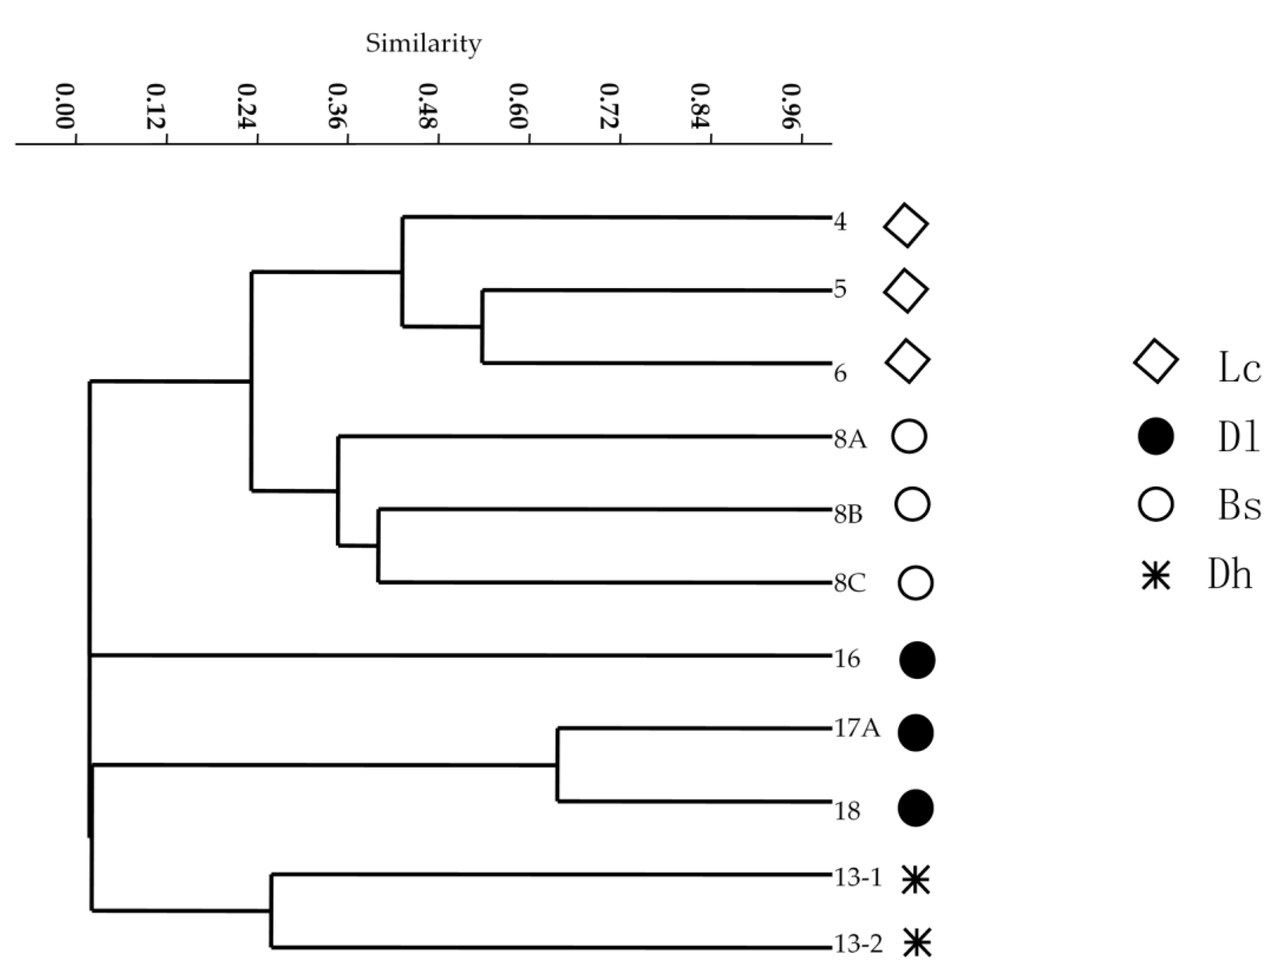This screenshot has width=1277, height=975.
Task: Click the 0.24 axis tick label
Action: (x=247, y=106)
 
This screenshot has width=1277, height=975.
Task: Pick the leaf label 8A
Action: (x=850, y=441)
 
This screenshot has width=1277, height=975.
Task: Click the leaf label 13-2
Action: (x=858, y=945)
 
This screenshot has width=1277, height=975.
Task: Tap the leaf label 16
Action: (x=847, y=659)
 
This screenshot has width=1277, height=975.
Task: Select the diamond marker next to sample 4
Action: (x=906, y=225)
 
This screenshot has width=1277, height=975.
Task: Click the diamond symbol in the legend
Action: (x=1156, y=361)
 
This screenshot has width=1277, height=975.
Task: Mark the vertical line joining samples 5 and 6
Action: (x=483, y=327)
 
